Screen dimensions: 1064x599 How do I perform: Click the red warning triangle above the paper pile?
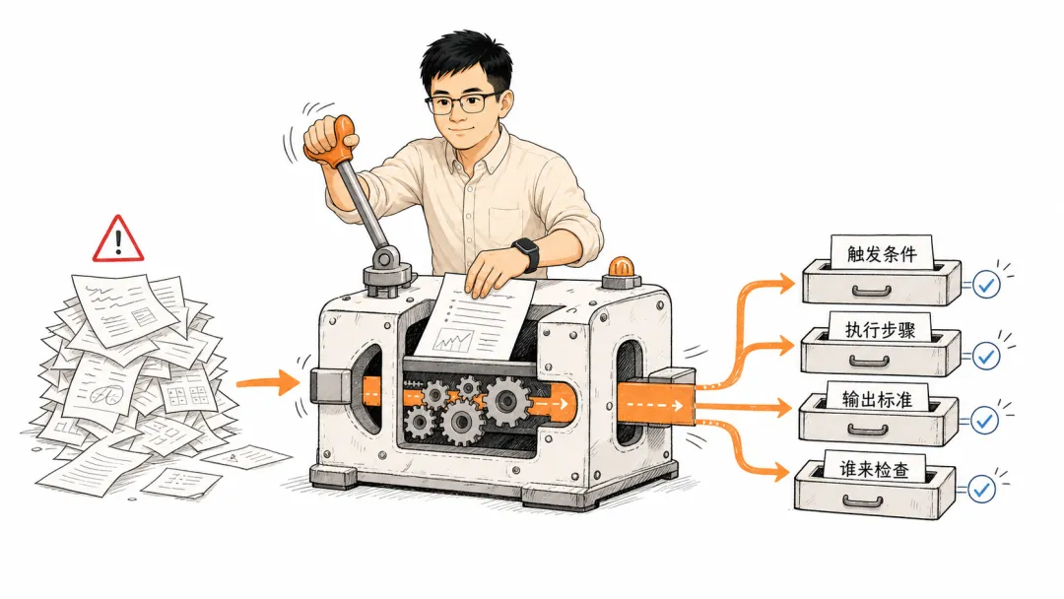click(118, 239)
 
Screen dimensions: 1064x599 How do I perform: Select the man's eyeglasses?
click(464, 103)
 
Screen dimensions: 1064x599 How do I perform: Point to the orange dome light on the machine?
click(621, 266)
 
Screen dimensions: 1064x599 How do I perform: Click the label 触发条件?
click(882, 254)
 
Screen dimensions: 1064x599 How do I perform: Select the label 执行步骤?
click(880, 330)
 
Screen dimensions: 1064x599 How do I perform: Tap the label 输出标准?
click(877, 399)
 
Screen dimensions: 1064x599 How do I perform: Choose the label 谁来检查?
click(874, 469)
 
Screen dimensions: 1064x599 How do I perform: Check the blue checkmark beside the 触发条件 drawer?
click(986, 285)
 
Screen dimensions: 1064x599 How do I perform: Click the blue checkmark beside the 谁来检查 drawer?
click(981, 489)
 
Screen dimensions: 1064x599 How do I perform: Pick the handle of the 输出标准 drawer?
click(868, 431)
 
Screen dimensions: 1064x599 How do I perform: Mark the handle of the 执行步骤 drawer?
click(870, 361)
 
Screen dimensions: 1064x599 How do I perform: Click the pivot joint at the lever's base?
click(386, 258)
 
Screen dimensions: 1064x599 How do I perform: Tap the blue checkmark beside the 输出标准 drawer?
click(984, 422)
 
